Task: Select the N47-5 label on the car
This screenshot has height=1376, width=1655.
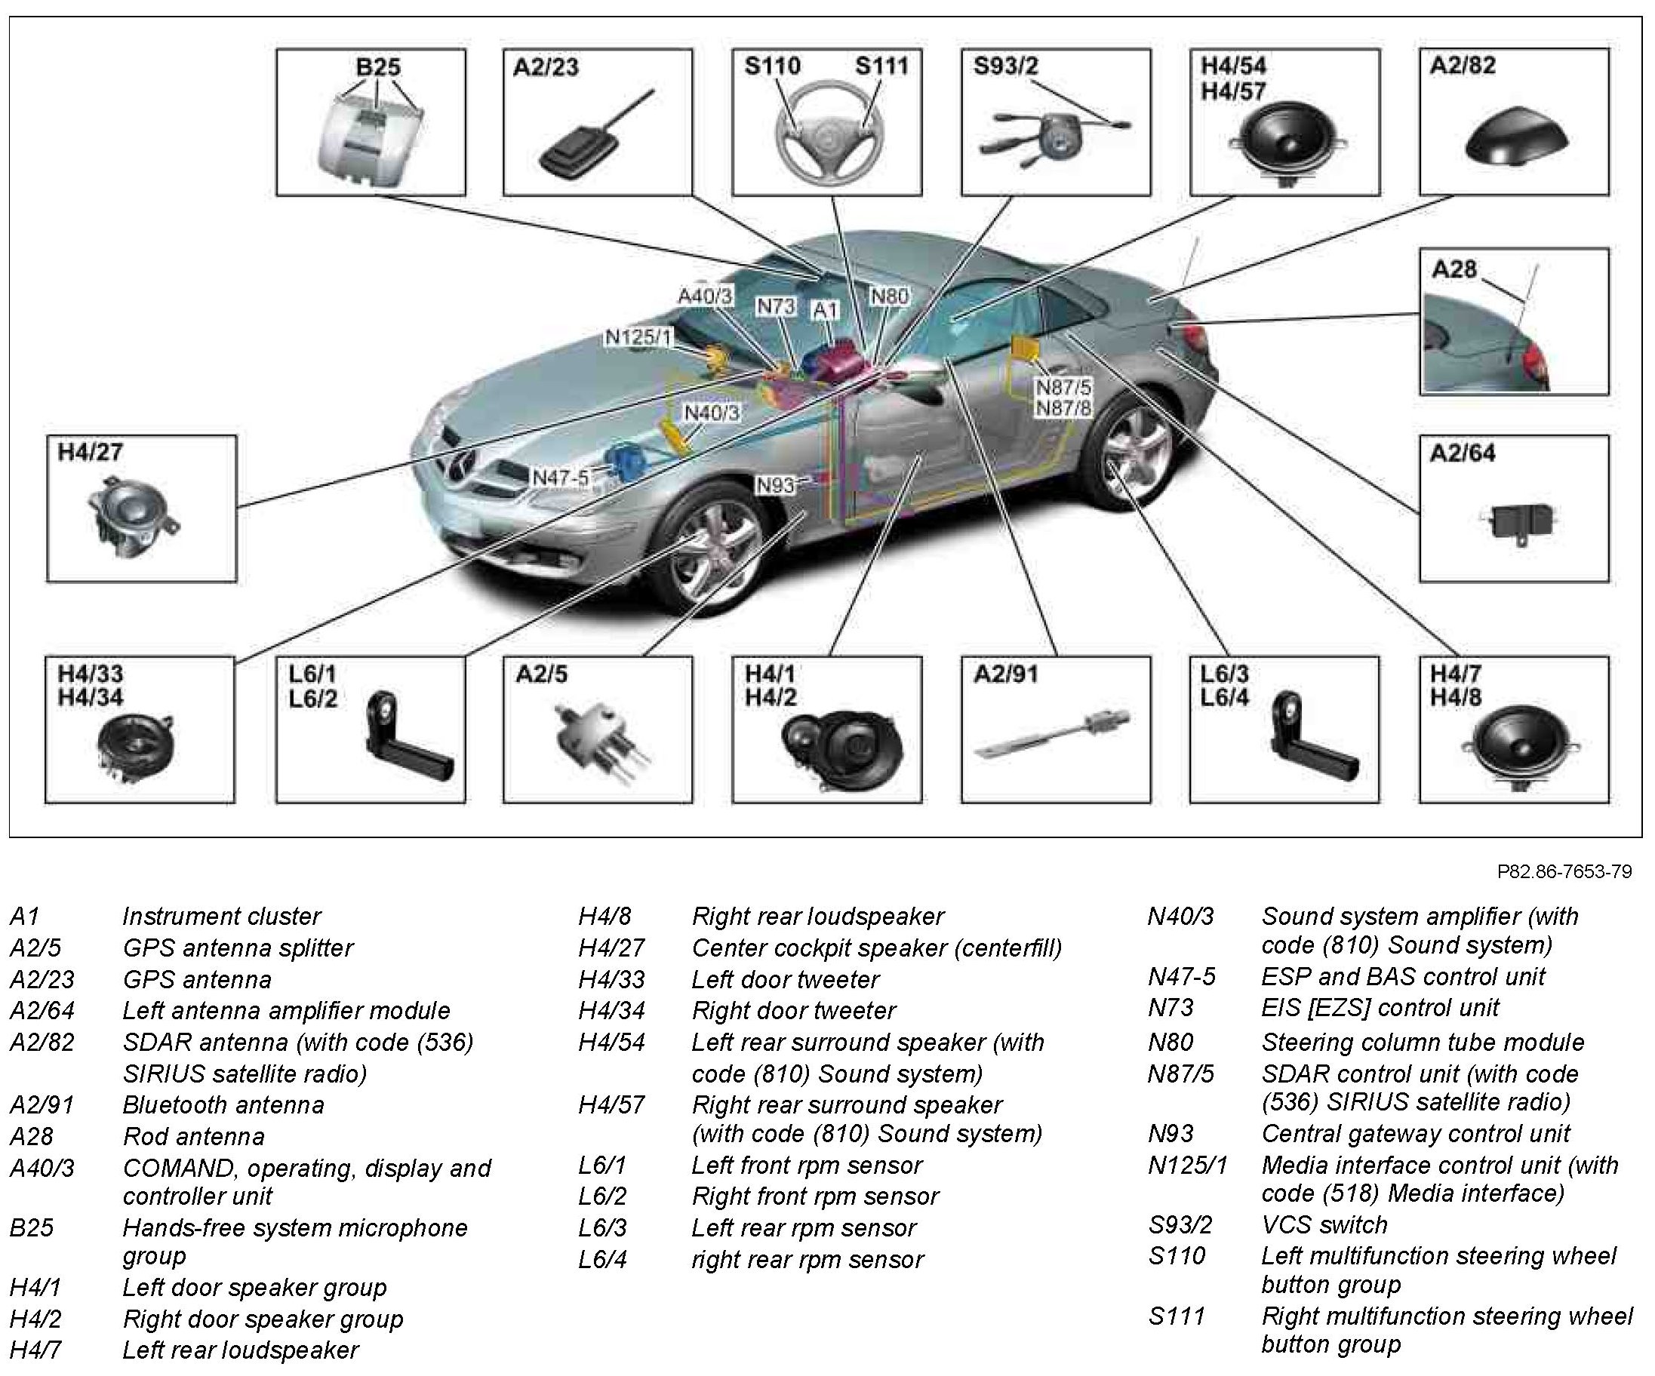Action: coord(560,478)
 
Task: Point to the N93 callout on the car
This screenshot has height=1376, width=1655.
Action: coord(776,485)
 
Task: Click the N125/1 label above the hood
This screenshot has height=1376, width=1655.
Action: coord(638,337)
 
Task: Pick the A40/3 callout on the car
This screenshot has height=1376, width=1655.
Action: coord(706,296)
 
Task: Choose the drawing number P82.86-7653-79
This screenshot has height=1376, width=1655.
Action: coord(1564,871)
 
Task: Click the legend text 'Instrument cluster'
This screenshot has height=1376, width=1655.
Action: coord(221,916)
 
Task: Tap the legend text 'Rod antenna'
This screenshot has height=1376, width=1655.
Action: coord(193,1137)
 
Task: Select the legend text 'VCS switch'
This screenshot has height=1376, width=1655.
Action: coord(1324,1225)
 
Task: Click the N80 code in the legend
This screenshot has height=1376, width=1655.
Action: coord(1170,1042)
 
